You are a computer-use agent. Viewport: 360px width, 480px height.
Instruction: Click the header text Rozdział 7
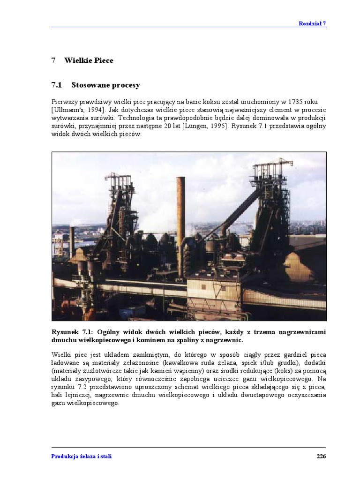(312, 23)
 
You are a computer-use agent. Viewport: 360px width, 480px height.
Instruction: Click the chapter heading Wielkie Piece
(89, 60)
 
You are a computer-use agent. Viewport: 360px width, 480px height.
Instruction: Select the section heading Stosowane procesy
(105, 85)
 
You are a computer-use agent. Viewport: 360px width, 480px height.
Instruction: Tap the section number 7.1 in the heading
(57, 85)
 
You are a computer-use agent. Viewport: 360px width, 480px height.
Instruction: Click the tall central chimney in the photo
(180, 225)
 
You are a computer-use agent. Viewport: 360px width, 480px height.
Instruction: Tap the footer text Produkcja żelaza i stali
(82, 456)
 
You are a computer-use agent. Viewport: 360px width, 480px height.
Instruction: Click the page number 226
(321, 456)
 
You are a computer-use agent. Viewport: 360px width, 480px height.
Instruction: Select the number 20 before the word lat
(167, 126)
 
